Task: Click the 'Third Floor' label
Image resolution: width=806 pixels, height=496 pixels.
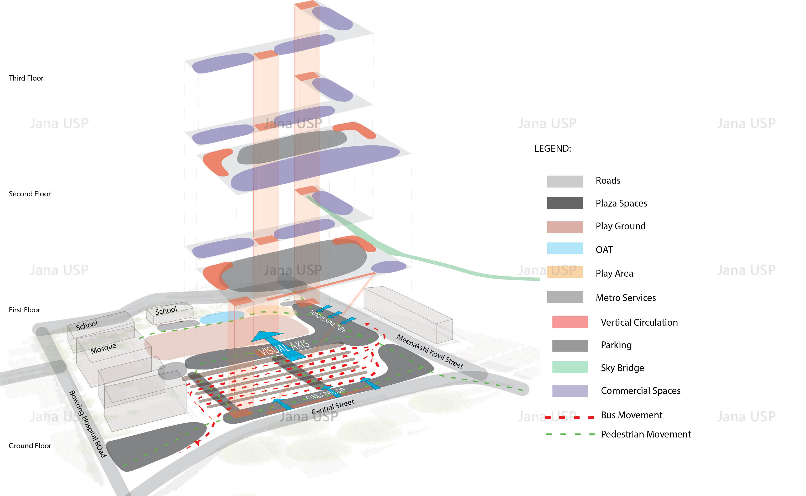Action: pos(26,78)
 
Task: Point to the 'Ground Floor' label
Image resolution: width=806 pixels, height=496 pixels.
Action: pos(30,446)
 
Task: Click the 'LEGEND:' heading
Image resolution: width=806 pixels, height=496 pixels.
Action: pos(552,149)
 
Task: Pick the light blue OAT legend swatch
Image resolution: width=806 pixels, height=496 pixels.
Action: pos(565,248)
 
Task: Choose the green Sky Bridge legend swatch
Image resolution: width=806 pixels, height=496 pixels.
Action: pos(570,367)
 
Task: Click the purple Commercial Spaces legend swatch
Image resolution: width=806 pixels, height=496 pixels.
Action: pos(570,391)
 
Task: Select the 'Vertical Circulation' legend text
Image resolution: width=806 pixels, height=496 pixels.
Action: pos(639,323)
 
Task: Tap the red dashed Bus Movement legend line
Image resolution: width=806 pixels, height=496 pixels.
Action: pos(570,417)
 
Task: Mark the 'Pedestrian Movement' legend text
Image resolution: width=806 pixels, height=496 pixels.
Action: pos(646,434)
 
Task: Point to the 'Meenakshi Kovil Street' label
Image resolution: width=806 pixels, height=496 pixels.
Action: pos(430,352)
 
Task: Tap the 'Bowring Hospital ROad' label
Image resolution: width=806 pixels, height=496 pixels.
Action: pos(88,424)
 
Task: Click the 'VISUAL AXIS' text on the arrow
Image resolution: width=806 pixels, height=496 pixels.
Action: pos(284,348)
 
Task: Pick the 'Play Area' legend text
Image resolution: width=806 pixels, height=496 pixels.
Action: pos(614,273)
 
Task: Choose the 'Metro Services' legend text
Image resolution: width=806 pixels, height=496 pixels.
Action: pos(626,298)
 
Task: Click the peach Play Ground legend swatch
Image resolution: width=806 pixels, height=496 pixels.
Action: pos(565,227)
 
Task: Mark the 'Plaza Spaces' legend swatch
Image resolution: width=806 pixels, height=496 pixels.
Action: pos(565,203)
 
